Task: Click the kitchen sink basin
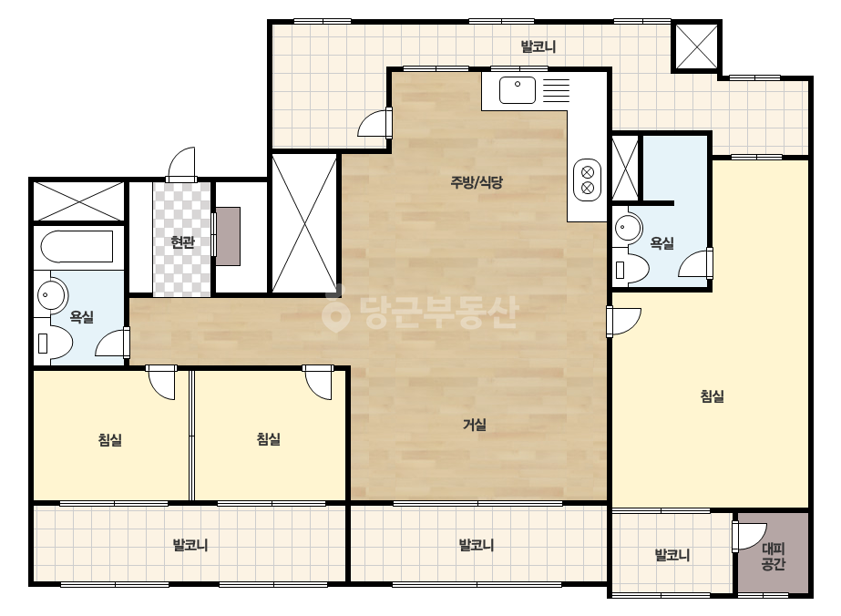518,90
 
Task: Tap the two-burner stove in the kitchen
588,180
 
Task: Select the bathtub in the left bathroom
77,246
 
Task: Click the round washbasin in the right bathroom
627,228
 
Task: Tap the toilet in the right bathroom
631,267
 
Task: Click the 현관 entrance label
182,242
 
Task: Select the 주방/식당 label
477,182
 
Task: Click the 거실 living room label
475,425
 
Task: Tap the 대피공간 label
774,557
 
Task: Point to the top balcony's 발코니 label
538,46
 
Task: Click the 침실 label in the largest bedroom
713,396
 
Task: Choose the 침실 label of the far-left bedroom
110,440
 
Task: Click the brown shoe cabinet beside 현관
228,236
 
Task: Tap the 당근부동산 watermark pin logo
336,313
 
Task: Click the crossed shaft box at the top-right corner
696,46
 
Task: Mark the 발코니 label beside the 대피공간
672,555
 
